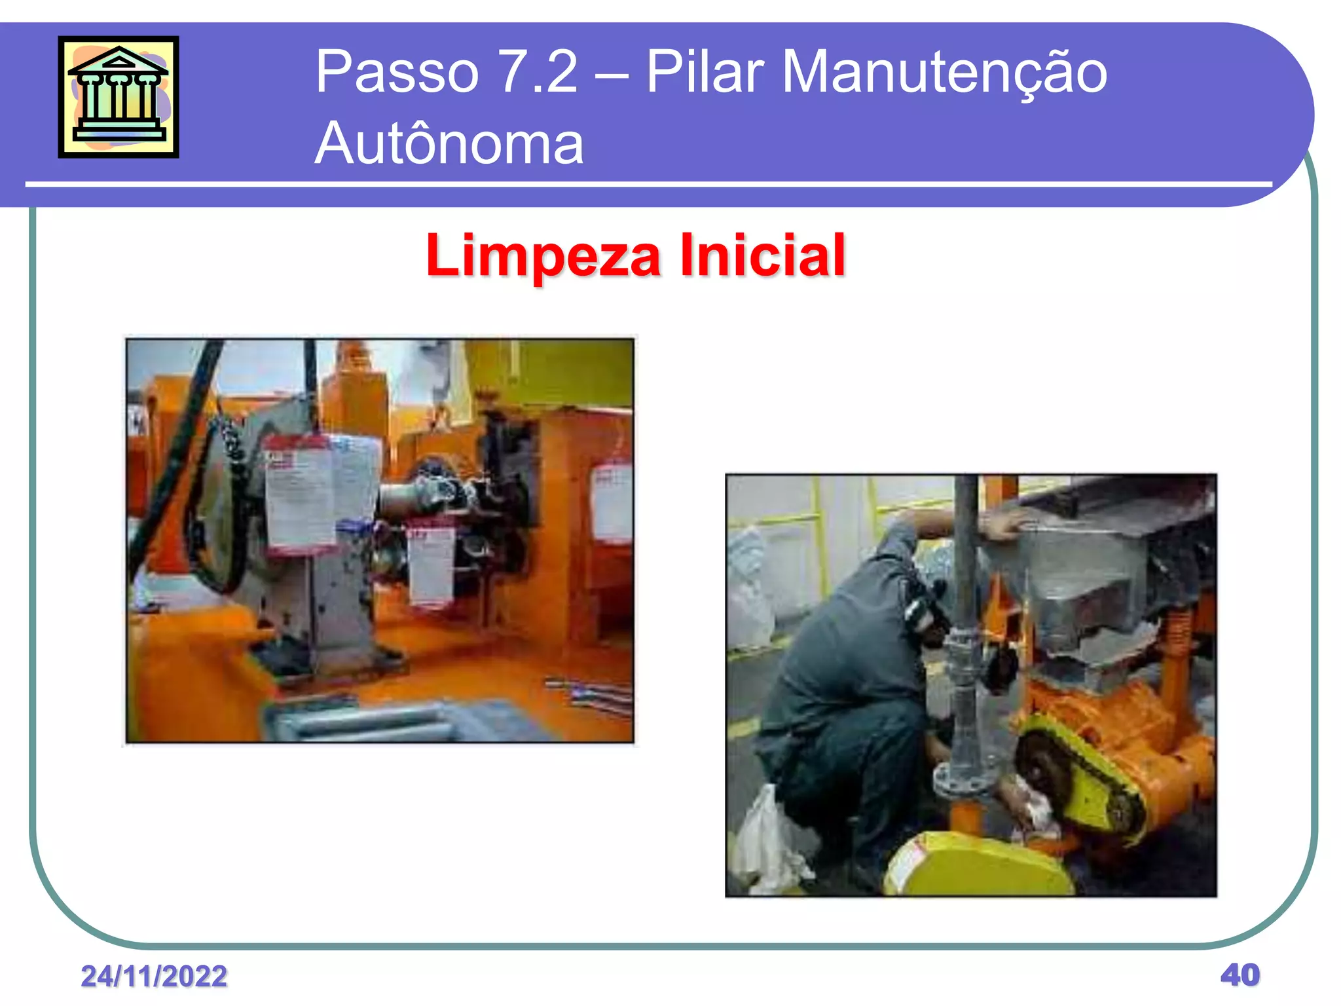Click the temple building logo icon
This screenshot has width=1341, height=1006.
click(119, 97)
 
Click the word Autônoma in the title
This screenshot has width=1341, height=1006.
click(449, 143)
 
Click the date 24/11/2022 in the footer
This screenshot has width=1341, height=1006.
click(154, 976)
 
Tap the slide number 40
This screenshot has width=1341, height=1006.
click(1240, 975)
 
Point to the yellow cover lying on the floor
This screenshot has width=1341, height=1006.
click(976, 865)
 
